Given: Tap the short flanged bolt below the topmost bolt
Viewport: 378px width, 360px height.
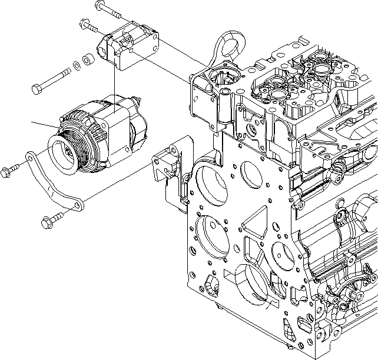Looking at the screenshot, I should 88,25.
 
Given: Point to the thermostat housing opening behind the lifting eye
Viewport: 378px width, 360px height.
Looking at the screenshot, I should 224,79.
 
